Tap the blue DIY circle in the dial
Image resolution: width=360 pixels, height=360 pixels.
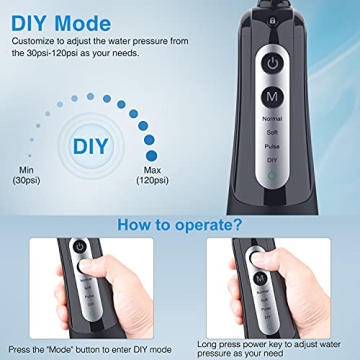pos(91,147)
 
